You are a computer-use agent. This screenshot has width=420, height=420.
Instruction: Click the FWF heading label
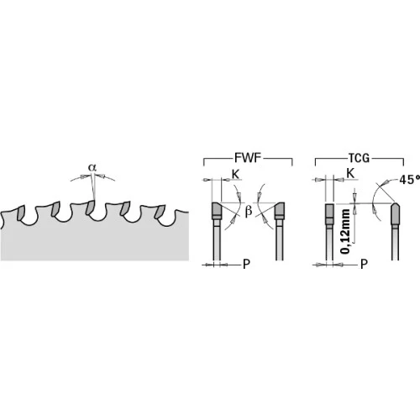pos(248,158)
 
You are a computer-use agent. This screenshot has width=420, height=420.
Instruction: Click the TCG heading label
pos(360,158)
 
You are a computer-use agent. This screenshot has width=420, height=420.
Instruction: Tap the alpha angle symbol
pos(92,167)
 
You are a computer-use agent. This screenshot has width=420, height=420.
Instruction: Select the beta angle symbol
pos(248,212)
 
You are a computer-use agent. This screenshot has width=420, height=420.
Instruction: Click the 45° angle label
pos(410,180)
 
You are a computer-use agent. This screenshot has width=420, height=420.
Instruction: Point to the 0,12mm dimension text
pos(345,231)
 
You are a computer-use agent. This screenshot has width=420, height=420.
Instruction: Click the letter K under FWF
pos(235,174)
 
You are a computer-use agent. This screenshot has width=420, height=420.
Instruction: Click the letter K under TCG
pos(350,174)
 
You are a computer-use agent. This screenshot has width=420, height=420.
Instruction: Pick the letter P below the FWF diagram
pos(246,264)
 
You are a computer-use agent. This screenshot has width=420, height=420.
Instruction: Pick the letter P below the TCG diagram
pos(364,264)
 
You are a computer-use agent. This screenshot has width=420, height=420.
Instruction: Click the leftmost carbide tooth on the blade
pos(21,213)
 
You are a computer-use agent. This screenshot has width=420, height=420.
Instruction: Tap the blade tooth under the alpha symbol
pos(90,207)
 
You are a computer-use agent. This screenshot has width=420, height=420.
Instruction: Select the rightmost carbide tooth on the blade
pos(160,213)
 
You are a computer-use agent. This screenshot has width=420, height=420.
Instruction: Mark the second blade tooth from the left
pos(55,208)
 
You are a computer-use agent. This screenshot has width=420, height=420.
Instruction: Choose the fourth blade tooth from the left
pos(125,208)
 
